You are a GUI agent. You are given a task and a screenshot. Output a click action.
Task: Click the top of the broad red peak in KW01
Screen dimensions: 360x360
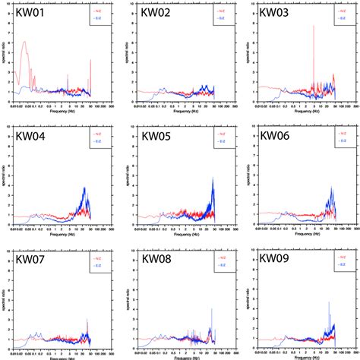click(x=24, y=43)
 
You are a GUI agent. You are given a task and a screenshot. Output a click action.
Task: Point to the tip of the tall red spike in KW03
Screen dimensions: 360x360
click(x=314, y=25)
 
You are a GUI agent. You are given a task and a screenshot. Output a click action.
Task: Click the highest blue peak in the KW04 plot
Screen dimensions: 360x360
click(x=84, y=188)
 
